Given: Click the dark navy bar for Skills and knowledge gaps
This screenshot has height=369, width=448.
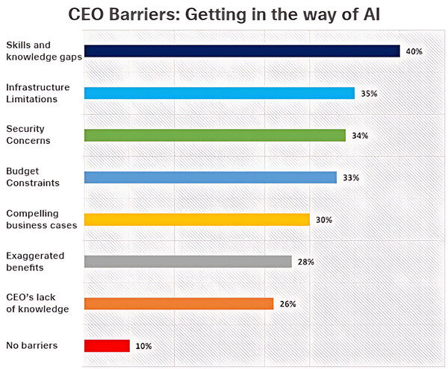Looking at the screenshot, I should click(x=242, y=51).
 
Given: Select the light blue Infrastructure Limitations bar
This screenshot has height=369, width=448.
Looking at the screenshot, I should click(x=219, y=93).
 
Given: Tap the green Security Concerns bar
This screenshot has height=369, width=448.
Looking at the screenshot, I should click(x=214, y=136).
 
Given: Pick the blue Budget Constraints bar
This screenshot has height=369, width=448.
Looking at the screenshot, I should click(x=210, y=177).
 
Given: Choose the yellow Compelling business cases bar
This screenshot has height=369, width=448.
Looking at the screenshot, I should click(x=196, y=220).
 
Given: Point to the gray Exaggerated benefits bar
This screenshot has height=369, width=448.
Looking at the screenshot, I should click(x=187, y=262).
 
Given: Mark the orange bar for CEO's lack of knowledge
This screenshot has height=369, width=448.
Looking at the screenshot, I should click(x=178, y=303).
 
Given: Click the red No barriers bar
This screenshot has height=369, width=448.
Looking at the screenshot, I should click(x=107, y=346).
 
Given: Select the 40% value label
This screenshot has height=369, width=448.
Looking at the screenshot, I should click(x=414, y=51).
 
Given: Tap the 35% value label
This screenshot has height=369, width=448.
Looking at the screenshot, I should click(x=368, y=94).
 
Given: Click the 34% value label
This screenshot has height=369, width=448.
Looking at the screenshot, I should click(x=359, y=136).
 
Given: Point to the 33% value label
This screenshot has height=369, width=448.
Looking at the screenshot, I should click(x=350, y=178).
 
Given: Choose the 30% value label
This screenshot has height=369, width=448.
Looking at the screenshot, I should click(x=323, y=220).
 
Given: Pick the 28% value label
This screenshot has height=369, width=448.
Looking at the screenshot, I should click(x=305, y=262).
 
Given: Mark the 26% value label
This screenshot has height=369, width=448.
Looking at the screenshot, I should click(x=287, y=304).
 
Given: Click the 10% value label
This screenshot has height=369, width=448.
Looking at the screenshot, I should click(x=143, y=346).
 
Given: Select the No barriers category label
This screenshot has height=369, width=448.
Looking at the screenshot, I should click(x=31, y=346).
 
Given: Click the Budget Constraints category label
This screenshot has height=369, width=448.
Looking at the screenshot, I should click(x=32, y=177).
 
